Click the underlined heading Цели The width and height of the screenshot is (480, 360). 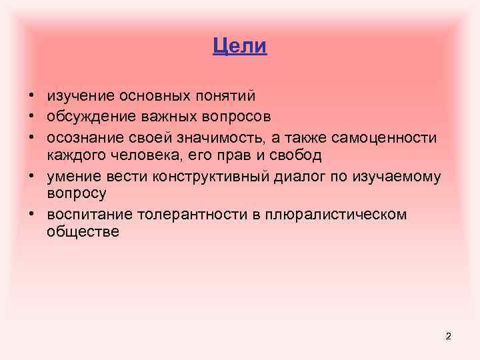tap(240, 46)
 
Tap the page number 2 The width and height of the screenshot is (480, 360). tap(448, 336)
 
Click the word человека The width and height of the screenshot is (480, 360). tap(135, 156)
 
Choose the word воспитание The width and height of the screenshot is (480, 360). tap(89, 214)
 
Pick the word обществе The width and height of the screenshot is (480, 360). tap(83, 232)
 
